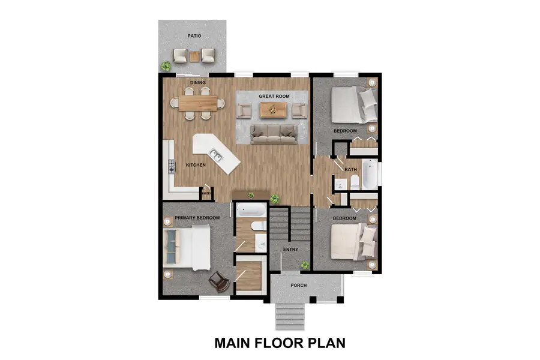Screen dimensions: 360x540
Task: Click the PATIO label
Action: (194, 36)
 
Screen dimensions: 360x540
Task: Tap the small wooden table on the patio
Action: (194, 56)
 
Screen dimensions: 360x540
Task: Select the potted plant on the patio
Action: (165, 66)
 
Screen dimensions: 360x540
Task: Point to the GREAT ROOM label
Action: (274, 96)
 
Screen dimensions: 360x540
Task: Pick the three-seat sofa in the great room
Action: (274, 134)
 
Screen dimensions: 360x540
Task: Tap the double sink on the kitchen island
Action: (217, 157)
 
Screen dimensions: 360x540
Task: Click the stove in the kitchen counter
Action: (170, 165)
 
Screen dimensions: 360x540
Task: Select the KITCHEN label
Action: (196, 165)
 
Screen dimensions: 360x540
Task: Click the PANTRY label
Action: (206, 193)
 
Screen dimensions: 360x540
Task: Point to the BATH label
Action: (351, 170)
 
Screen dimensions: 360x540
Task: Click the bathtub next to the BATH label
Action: (370, 174)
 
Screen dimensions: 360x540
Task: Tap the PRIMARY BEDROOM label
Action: (197, 218)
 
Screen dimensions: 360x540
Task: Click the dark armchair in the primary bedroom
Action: (218, 281)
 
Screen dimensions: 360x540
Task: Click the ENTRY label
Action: (290, 250)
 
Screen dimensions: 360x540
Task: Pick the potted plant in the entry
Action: (305, 264)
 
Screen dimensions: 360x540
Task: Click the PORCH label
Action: (299, 285)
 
